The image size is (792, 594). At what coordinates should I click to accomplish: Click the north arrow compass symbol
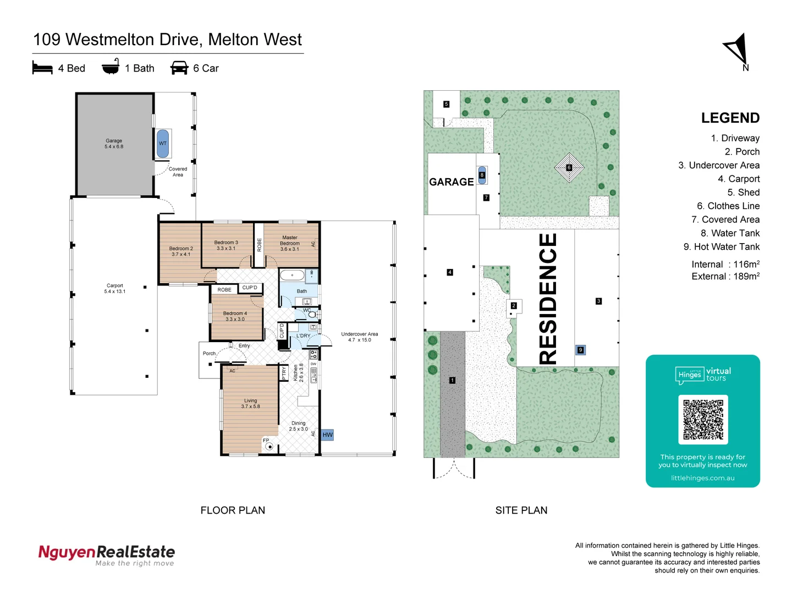pos(737,51)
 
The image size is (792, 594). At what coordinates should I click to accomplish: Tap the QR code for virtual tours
pos(703,419)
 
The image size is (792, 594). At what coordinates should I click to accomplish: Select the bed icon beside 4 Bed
pos(42,68)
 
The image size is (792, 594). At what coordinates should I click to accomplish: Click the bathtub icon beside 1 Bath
pos(111,67)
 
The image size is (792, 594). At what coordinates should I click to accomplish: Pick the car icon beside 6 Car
pos(179,68)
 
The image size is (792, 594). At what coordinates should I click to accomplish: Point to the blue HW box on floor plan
pos(327,435)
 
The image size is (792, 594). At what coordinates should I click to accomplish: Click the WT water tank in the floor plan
pos(163,144)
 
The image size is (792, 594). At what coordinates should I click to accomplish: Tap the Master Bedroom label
pos(290,243)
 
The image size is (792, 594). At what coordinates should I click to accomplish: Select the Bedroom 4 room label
pos(235,316)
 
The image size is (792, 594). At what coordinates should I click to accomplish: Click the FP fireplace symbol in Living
pos(269,446)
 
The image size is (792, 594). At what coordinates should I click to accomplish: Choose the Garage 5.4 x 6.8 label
pos(114,144)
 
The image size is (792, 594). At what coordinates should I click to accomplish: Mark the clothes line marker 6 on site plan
pos(569,167)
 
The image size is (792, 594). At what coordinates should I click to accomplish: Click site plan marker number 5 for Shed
pos(446,104)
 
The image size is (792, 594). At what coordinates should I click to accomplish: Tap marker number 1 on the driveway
pos(452,380)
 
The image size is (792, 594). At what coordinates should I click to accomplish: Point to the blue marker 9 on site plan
pos(580,350)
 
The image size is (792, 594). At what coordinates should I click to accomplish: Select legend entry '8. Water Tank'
pos(730,233)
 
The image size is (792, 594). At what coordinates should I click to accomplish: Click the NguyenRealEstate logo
pos(106,554)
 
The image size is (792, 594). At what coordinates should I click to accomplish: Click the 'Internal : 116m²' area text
pos(725,265)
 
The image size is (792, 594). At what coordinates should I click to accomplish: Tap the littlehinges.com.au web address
pos(702,478)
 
